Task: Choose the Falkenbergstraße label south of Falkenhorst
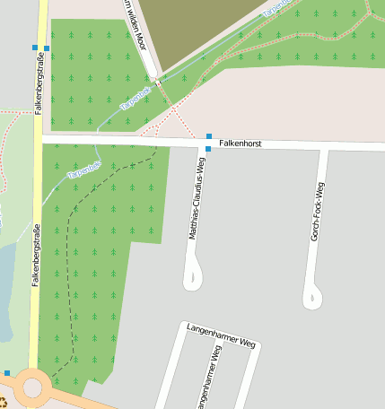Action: (36, 255)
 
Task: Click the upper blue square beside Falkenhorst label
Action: (209, 136)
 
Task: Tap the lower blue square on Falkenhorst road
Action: (208, 148)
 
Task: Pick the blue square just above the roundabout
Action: (7, 372)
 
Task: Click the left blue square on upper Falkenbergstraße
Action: (34, 48)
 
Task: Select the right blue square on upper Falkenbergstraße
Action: (47, 48)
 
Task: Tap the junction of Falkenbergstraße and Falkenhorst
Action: (37, 138)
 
